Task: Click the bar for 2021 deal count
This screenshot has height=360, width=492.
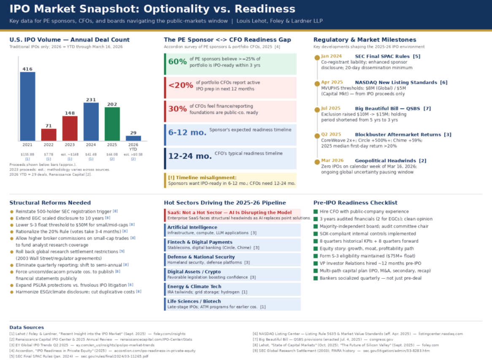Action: click(x=27, y=106)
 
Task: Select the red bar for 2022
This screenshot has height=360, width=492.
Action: click(x=49, y=135)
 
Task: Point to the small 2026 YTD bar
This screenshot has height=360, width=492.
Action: click(x=133, y=138)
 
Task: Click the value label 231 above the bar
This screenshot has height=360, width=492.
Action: click(x=91, y=99)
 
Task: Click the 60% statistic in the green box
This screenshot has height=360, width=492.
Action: click(x=177, y=62)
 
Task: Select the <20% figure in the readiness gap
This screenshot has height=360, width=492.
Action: click(x=181, y=85)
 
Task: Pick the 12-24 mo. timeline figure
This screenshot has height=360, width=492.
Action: click(x=190, y=156)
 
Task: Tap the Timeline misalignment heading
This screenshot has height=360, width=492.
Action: click(x=202, y=178)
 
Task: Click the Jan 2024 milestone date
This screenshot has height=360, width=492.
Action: click(x=331, y=56)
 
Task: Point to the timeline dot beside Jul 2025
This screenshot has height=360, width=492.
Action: click(x=317, y=109)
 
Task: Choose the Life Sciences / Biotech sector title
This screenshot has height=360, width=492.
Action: click(x=194, y=301)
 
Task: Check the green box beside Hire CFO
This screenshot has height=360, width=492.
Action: click(x=315, y=211)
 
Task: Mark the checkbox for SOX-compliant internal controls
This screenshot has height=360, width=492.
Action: click(x=315, y=234)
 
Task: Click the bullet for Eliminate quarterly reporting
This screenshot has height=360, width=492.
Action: click(x=12, y=265)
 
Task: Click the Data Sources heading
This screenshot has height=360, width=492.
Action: click(x=27, y=327)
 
